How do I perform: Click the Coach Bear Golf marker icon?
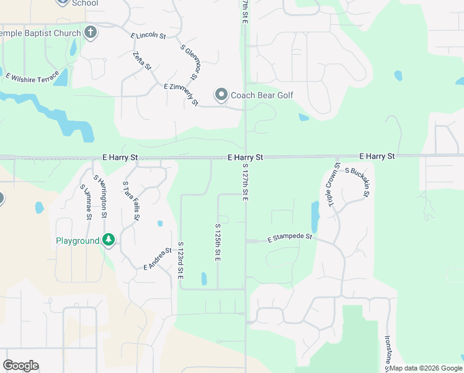221,95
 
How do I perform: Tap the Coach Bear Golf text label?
262,95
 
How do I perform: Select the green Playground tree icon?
109,240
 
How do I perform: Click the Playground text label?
78,241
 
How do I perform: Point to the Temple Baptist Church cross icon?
91,33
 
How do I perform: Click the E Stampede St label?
289,238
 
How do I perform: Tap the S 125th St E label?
218,243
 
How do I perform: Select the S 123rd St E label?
181,261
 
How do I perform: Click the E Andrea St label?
158,259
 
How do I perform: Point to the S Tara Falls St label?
131,201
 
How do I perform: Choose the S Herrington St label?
100,196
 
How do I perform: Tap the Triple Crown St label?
331,185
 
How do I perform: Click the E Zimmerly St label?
181,94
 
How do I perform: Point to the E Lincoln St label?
148,36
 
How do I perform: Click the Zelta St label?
142,60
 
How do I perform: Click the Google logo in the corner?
20,366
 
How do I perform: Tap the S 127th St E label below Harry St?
246,182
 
